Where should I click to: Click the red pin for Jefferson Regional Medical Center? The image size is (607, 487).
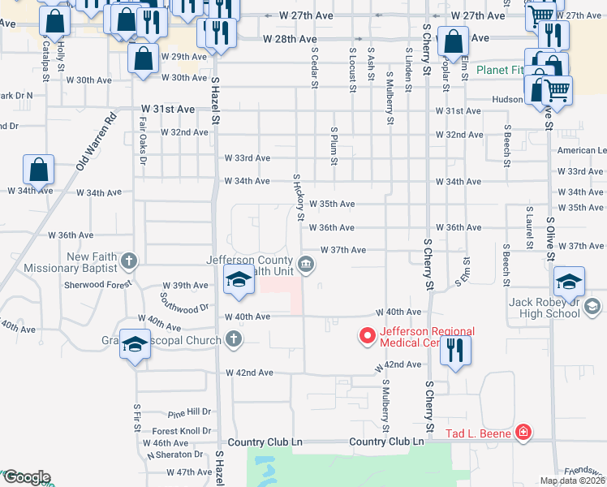[x=367, y=334]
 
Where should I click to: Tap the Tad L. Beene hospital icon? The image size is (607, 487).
[x=524, y=432]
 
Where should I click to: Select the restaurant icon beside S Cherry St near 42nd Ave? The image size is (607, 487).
[x=455, y=351]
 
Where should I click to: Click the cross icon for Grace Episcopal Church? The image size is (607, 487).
[x=234, y=339]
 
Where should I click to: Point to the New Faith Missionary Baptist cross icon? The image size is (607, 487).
[x=128, y=261]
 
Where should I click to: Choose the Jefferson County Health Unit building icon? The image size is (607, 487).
[x=307, y=262]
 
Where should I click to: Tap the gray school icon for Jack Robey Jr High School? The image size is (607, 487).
[x=592, y=306]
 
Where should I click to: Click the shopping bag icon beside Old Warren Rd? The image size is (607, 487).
[x=39, y=170]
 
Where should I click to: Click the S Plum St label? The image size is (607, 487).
[x=334, y=146]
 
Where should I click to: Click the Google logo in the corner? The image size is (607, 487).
[x=26, y=477]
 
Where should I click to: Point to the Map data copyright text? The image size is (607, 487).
[x=571, y=481]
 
